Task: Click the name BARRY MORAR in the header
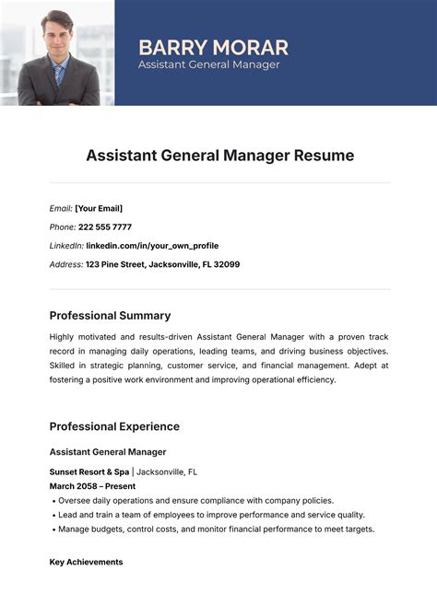point(213,47)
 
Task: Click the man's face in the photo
point(57,34)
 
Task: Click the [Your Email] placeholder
point(99,208)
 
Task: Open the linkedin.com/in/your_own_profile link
point(152,246)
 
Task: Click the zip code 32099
point(226,264)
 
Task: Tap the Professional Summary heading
point(110,315)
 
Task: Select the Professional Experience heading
point(114,426)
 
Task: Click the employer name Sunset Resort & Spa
point(89,471)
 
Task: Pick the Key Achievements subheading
point(86,562)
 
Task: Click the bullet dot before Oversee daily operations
point(53,500)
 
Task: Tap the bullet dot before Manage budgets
point(53,529)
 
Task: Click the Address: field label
point(65,264)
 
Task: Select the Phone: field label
point(63,227)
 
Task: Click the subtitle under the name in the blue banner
point(208,64)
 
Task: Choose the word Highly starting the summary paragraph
point(64,337)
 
